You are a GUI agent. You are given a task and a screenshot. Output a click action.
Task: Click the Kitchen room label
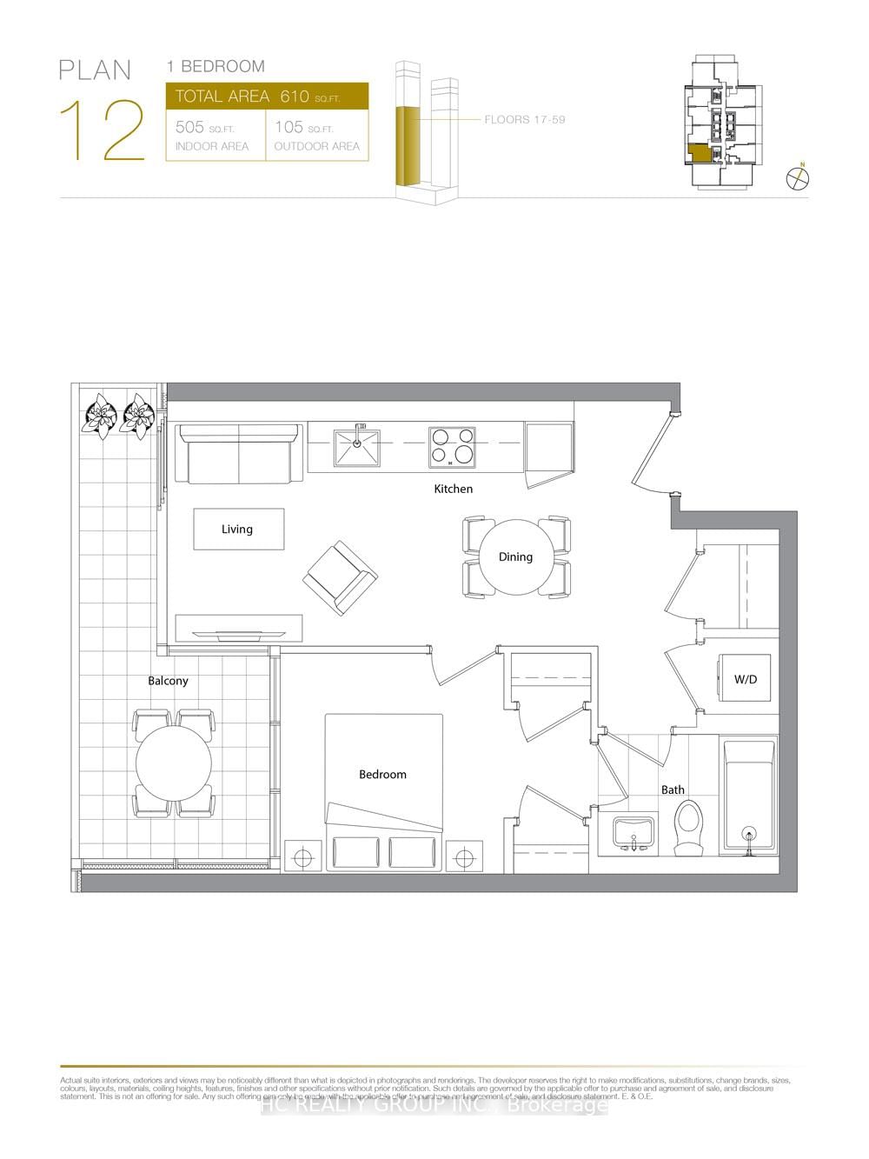(x=454, y=489)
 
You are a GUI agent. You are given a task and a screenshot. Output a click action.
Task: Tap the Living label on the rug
(x=237, y=529)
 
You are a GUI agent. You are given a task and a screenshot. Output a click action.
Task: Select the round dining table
(x=516, y=557)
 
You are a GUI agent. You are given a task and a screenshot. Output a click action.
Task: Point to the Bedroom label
(x=382, y=774)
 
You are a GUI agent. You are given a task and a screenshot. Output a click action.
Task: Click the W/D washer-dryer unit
(x=746, y=679)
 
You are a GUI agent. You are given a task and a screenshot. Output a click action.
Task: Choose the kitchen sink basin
(x=357, y=446)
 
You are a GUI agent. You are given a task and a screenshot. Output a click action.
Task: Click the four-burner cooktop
(x=452, y=446)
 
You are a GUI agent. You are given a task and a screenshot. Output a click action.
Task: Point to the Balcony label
(x=168, y=681)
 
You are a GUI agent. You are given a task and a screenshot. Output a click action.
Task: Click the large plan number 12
(x=103, y=130)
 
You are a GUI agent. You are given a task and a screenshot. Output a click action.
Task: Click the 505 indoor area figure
(x=189, y=127)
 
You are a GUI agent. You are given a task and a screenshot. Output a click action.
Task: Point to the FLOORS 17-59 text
(x=525, y=119)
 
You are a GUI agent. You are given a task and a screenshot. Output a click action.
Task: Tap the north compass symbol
(x=798, y=177)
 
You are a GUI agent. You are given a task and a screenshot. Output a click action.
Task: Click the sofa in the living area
(x=238, y=454)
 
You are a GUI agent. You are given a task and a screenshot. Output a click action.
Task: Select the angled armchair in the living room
(x=340, y=577)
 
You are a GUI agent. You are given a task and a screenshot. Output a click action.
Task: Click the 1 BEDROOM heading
(x=216, y=66)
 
